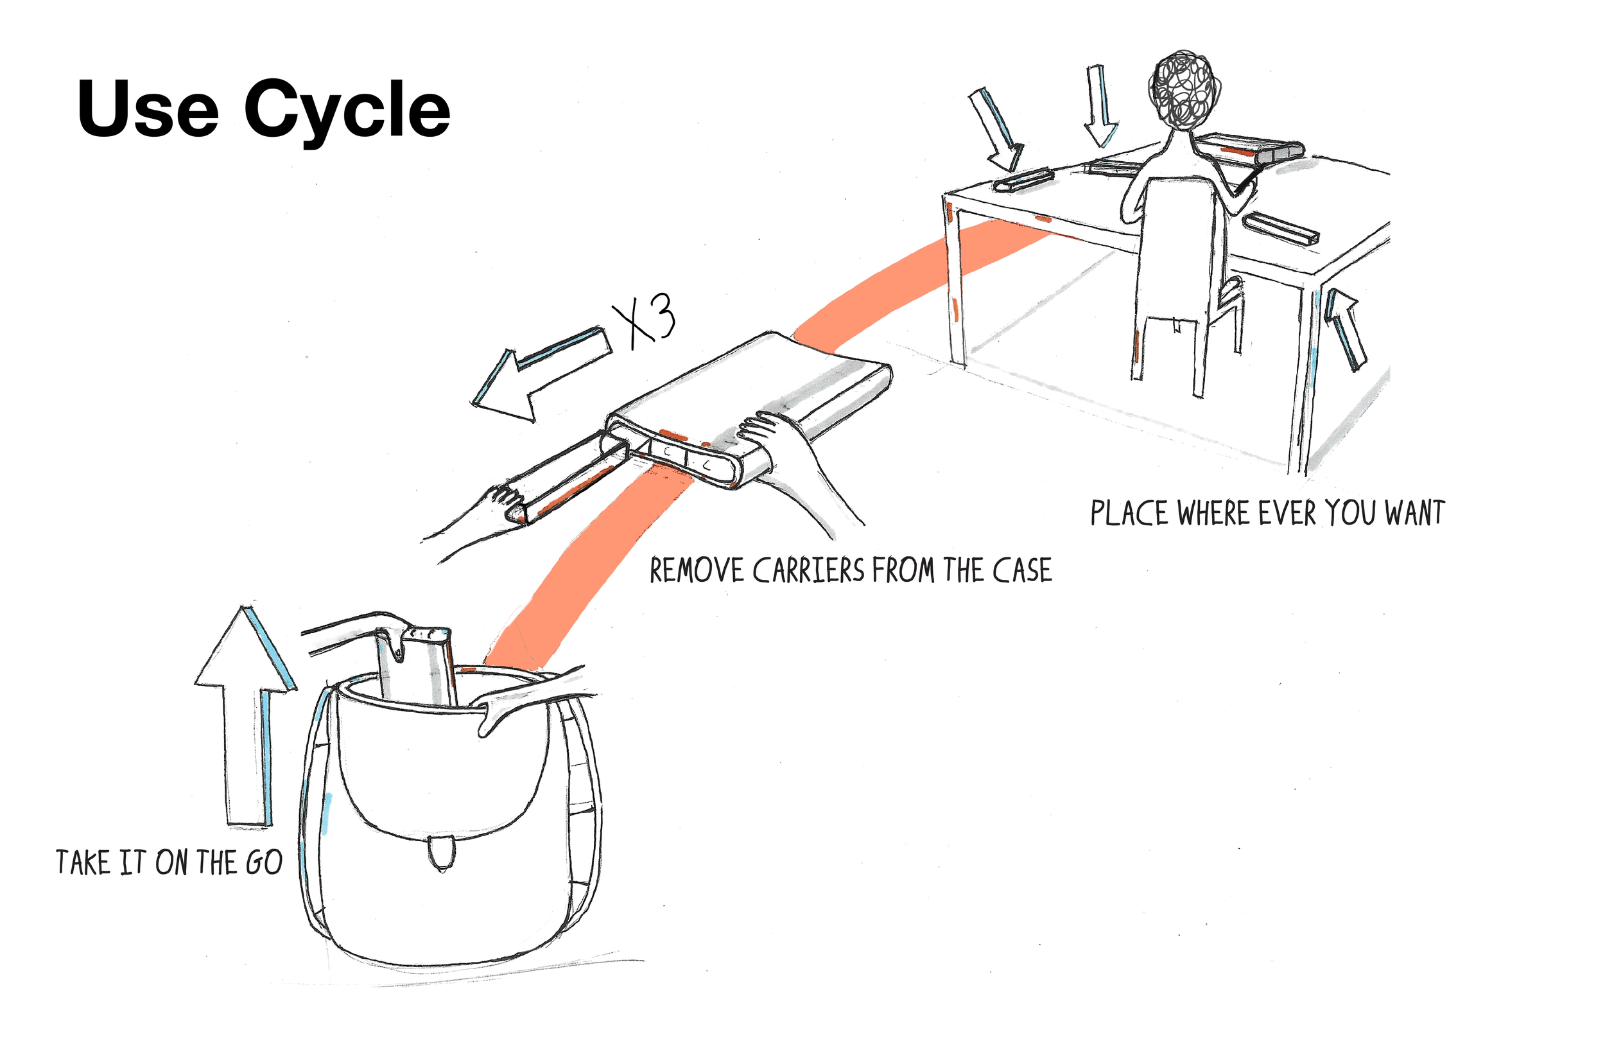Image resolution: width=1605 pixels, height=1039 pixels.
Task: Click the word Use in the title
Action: point(148,109)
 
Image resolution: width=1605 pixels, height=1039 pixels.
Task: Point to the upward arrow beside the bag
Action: point(246,715)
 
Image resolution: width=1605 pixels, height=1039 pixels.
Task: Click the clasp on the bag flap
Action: point(442,853)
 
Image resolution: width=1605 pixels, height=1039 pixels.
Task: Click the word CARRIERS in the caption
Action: point(810,572)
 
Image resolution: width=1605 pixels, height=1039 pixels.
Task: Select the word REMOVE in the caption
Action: point(696,572)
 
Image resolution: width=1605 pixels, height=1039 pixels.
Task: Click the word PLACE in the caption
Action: point(1129,514)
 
